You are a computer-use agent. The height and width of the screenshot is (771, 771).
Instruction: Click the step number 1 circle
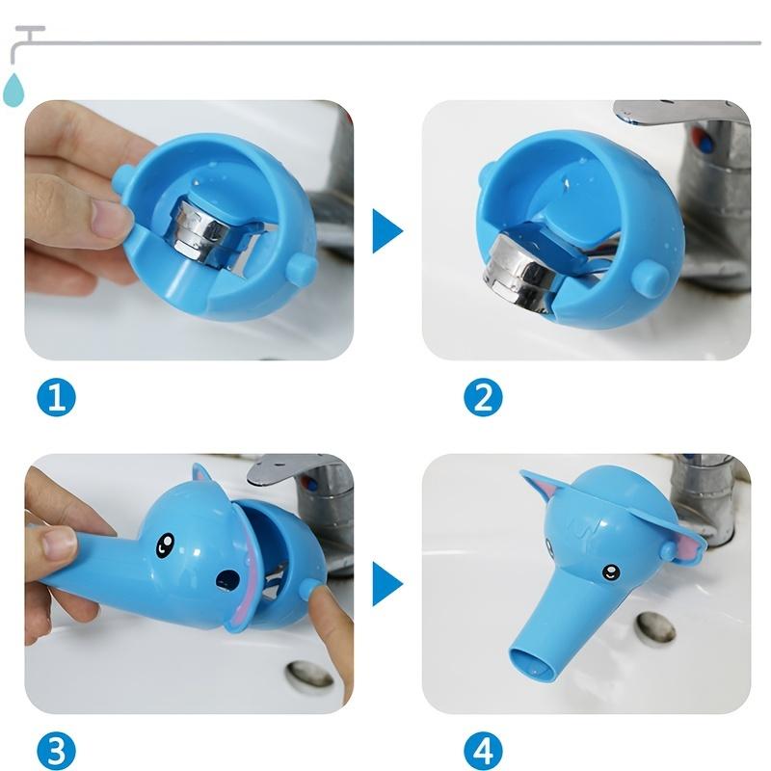click(x=56, y=396)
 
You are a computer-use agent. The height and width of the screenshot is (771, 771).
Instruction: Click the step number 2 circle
click(x=483, y=396)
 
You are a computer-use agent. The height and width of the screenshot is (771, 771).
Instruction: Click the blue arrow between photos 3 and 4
click(x=386, y=585)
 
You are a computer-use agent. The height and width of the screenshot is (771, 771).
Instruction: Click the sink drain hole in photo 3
click(x=308, y=677)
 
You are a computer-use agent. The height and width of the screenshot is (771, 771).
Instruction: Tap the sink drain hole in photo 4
click(x=655, y=628)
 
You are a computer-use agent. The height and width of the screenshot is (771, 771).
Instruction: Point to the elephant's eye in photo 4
click(x=611, y=572)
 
